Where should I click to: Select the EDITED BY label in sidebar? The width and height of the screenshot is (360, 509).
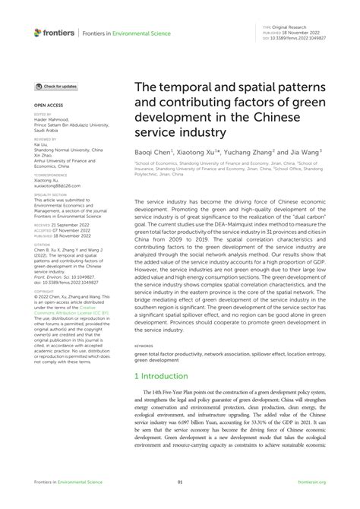coord(43,114)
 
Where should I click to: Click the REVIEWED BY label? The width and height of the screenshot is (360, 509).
coord(46,140)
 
